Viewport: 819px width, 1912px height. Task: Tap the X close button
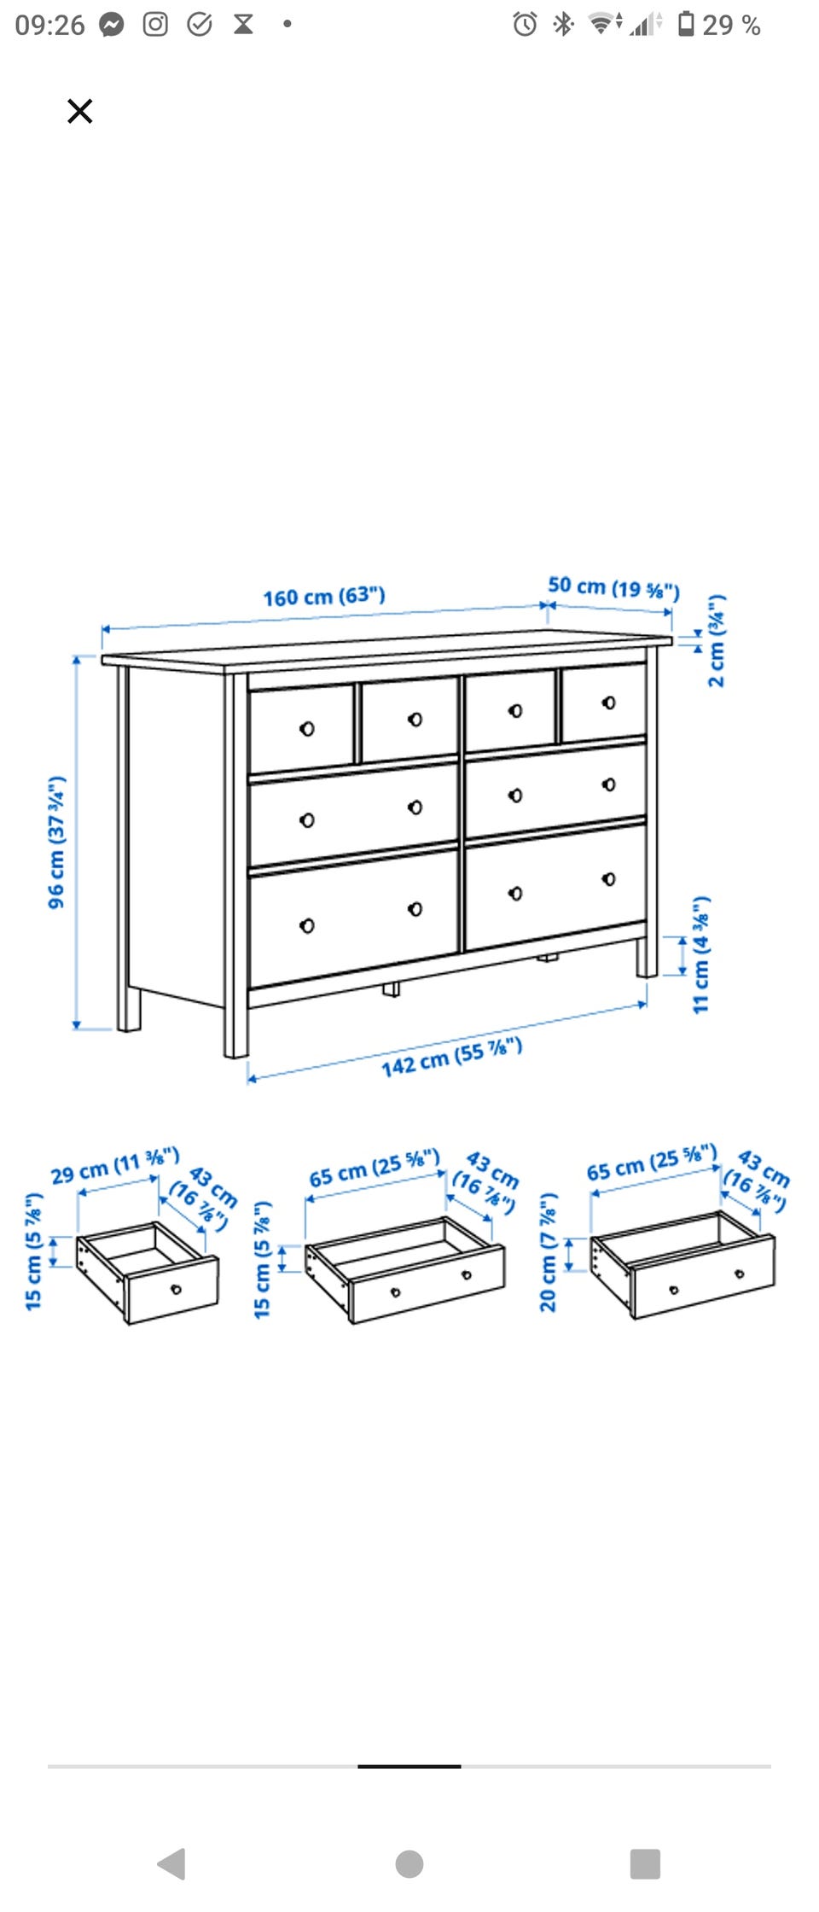(x=79, y=111)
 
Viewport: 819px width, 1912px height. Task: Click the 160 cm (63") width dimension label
(x=324, y=596)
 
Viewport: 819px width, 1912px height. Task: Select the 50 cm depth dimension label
(x=613, y=587)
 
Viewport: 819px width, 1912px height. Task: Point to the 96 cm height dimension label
(x=56, y=842)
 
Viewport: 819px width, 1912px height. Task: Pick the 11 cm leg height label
(x=701, y=954)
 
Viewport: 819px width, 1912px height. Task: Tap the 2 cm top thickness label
(x=717, y=640)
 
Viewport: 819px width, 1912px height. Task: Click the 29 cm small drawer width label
(x=115, y=1166)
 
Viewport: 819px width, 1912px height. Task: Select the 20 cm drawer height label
(x=548, y=1251)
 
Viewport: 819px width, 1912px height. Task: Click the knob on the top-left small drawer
(x=307, y=728)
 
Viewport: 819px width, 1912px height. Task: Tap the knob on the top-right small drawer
(x=608, y=702)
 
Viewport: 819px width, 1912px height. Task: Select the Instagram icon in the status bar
(x=155, y=24)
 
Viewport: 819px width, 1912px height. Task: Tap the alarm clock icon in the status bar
(x=525, y=24)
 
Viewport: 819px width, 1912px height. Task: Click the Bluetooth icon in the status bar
(x=563, y=24)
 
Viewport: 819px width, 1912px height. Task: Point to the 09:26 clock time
(x=49, y=25)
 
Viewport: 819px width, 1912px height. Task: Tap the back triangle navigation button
(x=171, y=1863)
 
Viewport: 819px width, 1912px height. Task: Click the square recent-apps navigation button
(x=645, y=1863)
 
